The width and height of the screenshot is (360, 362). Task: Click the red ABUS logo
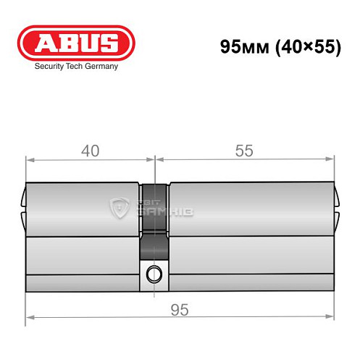click(x=77, y=43)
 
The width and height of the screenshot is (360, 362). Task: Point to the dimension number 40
click(x=90, y=151)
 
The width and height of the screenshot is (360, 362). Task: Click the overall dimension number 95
click(x=180, y=310)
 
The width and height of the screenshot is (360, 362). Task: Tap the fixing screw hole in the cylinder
click(x=153, y=274)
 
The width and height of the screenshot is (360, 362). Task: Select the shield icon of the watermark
click(x=120, y=207)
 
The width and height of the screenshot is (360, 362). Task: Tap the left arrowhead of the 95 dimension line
click(x=30, y=316)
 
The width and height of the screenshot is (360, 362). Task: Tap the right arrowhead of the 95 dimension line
click(x=332, y=316)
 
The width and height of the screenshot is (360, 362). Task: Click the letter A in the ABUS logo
click(x=45, y=43)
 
